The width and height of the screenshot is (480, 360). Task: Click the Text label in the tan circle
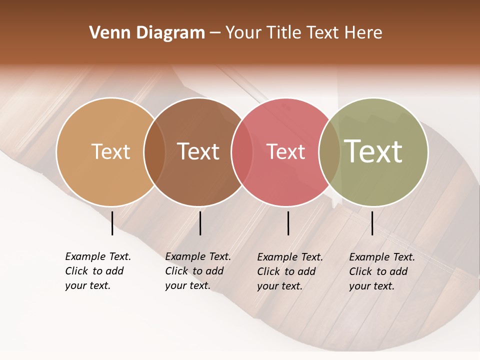pyautogui.click(x=110, y=151)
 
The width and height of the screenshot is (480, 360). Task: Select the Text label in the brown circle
pyautogui.click(x=198, y=151)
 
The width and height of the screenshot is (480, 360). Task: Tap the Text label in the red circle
pyautogui.click(x=285, y=151)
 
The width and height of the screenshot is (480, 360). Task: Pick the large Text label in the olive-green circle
pyautogui.click(x=373, y=151)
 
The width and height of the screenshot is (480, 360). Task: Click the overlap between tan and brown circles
pyautogui.click(x=154, y=151)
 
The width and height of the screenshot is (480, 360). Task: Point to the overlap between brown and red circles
pyautogui.click(x=242, y=151)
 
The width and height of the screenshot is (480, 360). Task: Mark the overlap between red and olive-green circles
pyautogui.click(x=329, y=151)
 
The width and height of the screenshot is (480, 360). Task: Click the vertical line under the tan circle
pyautogui.click(x=112, y=223)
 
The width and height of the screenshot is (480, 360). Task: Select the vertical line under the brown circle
pyautogui.click(x=200, y=223)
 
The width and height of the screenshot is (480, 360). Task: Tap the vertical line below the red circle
pyautogui.click(x=288, y=223)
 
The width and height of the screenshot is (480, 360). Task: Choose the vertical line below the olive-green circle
pyautogui.click(x=372, y=223)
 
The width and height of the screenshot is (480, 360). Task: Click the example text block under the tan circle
pyautogui.click(x=97, y=271)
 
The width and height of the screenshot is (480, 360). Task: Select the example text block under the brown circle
pyautogui.click(x=197, y=271)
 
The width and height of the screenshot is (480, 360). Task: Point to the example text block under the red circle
pyautogui.click(x=289, y=271)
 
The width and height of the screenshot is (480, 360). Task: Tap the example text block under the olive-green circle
pyautogui.click(x=381, y=271)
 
